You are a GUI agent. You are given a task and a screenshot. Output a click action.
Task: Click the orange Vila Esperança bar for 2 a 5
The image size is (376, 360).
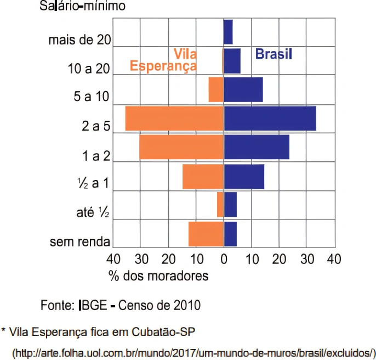point(174,119)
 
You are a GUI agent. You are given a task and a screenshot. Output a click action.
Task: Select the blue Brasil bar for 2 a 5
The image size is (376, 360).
point(270,119)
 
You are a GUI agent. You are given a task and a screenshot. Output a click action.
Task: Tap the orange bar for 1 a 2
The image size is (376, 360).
point(181,147)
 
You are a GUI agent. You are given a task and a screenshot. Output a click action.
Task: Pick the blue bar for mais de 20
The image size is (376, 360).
point(228,32)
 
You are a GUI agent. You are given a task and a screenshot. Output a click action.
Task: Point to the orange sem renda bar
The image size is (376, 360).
point(206,234)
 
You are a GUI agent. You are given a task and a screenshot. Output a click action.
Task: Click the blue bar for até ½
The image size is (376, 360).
point(230,205)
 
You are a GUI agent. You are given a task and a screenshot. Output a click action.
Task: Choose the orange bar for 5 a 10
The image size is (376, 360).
point(216,89)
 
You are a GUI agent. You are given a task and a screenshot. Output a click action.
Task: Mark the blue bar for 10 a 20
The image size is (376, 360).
point(232,61)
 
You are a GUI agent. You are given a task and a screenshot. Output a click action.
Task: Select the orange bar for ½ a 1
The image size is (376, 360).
point(203,176)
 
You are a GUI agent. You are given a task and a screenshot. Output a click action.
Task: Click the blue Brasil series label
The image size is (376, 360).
point(274,54)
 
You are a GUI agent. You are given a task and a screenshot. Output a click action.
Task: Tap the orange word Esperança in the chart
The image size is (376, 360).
point(163,66)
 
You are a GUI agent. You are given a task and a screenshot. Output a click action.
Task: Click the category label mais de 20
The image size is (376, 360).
point(80,40)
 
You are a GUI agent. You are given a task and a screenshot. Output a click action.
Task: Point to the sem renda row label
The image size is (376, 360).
point(80,242)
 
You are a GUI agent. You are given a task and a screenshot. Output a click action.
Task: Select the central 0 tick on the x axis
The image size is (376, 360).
point(224,258)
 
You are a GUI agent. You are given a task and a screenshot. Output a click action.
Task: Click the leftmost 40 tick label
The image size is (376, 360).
point(113,258)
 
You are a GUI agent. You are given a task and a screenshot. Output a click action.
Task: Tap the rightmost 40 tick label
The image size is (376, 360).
point(334,258)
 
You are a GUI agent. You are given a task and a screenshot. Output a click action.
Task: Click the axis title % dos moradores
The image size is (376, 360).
point(158,276)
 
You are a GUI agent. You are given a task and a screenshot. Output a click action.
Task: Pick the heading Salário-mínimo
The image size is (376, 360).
point(82,7)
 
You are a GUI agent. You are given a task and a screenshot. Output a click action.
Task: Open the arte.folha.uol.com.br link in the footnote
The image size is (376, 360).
point(194,352)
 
